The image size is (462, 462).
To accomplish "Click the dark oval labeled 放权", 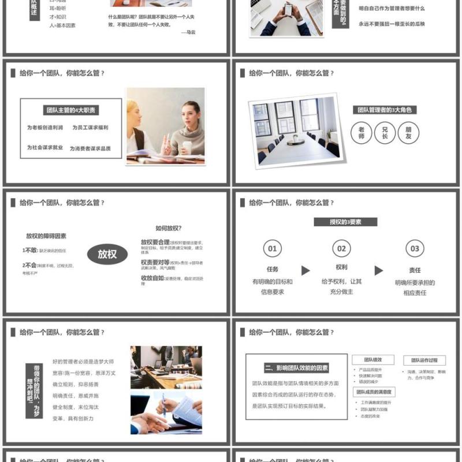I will [107, 254].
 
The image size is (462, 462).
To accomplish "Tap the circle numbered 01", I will [273, 249].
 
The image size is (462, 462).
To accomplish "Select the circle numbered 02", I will [342, 249].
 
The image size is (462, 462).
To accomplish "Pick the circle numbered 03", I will [415, 249].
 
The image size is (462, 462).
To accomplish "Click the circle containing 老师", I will [362, 133].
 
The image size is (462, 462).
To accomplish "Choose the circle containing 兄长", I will [385, 133].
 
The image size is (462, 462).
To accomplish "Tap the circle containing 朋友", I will [408, 133].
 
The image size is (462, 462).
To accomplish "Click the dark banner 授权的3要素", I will [345, 222].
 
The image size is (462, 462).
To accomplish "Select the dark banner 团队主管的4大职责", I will [70, 110].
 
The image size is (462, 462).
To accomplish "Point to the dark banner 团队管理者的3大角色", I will [385, 110].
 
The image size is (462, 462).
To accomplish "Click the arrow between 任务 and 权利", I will [305, 270].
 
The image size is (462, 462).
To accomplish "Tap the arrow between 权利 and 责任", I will [379, 270].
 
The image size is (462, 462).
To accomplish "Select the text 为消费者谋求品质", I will [90, 148].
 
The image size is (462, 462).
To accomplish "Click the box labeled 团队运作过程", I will [424, 360].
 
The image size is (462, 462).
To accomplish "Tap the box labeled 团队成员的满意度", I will [374, 392].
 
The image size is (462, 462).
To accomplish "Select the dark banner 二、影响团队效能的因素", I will [297, 368].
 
